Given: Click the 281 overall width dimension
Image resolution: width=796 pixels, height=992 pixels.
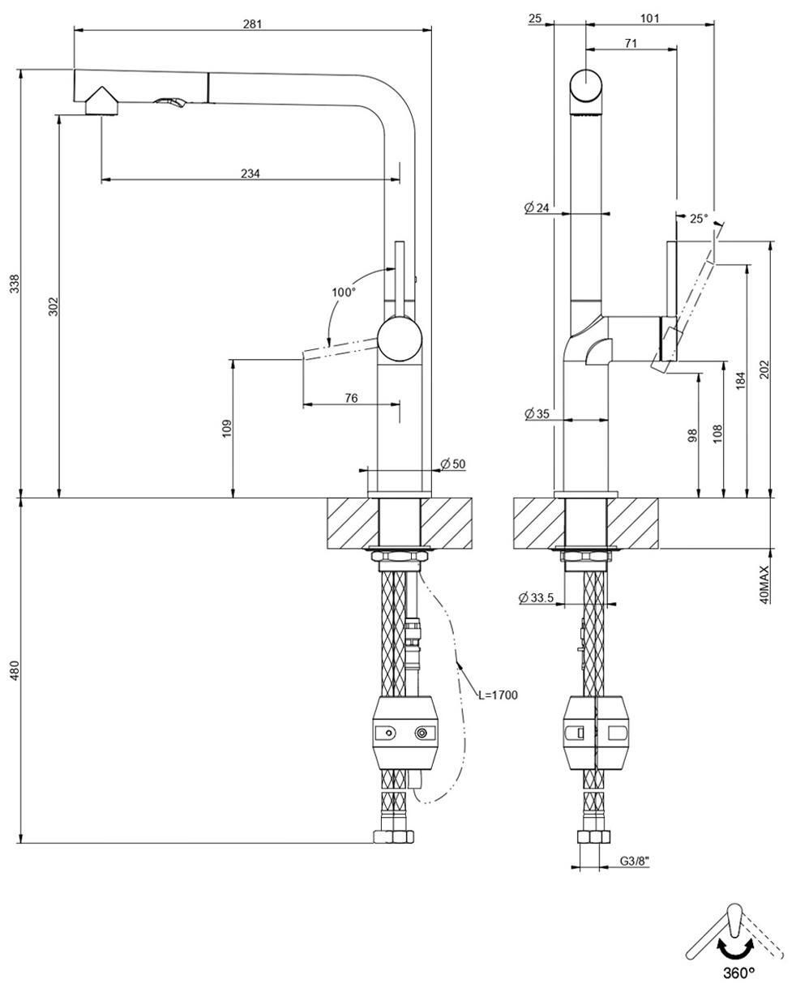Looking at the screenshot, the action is (x=252, y=24).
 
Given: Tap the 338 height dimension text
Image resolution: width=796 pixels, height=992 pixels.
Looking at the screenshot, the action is (x=15, y=284).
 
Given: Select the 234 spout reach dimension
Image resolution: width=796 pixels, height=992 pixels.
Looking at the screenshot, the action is (x=250, y=173).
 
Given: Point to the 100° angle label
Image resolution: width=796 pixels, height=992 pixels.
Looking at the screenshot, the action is (x=344, y=293).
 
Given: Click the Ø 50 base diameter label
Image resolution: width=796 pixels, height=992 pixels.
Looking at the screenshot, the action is (x=453, y=464).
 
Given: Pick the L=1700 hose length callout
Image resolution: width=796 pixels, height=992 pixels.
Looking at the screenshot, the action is (x=498, y=695).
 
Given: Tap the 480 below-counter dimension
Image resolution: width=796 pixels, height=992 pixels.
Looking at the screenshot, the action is (x=15, y=670).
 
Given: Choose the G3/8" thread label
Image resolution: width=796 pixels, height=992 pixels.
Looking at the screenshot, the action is (x=634, y=861).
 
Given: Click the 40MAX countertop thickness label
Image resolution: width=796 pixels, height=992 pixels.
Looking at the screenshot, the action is (x=764, y=585).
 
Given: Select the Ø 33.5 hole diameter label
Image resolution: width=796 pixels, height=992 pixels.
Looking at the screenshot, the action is (x=536, y=598).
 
